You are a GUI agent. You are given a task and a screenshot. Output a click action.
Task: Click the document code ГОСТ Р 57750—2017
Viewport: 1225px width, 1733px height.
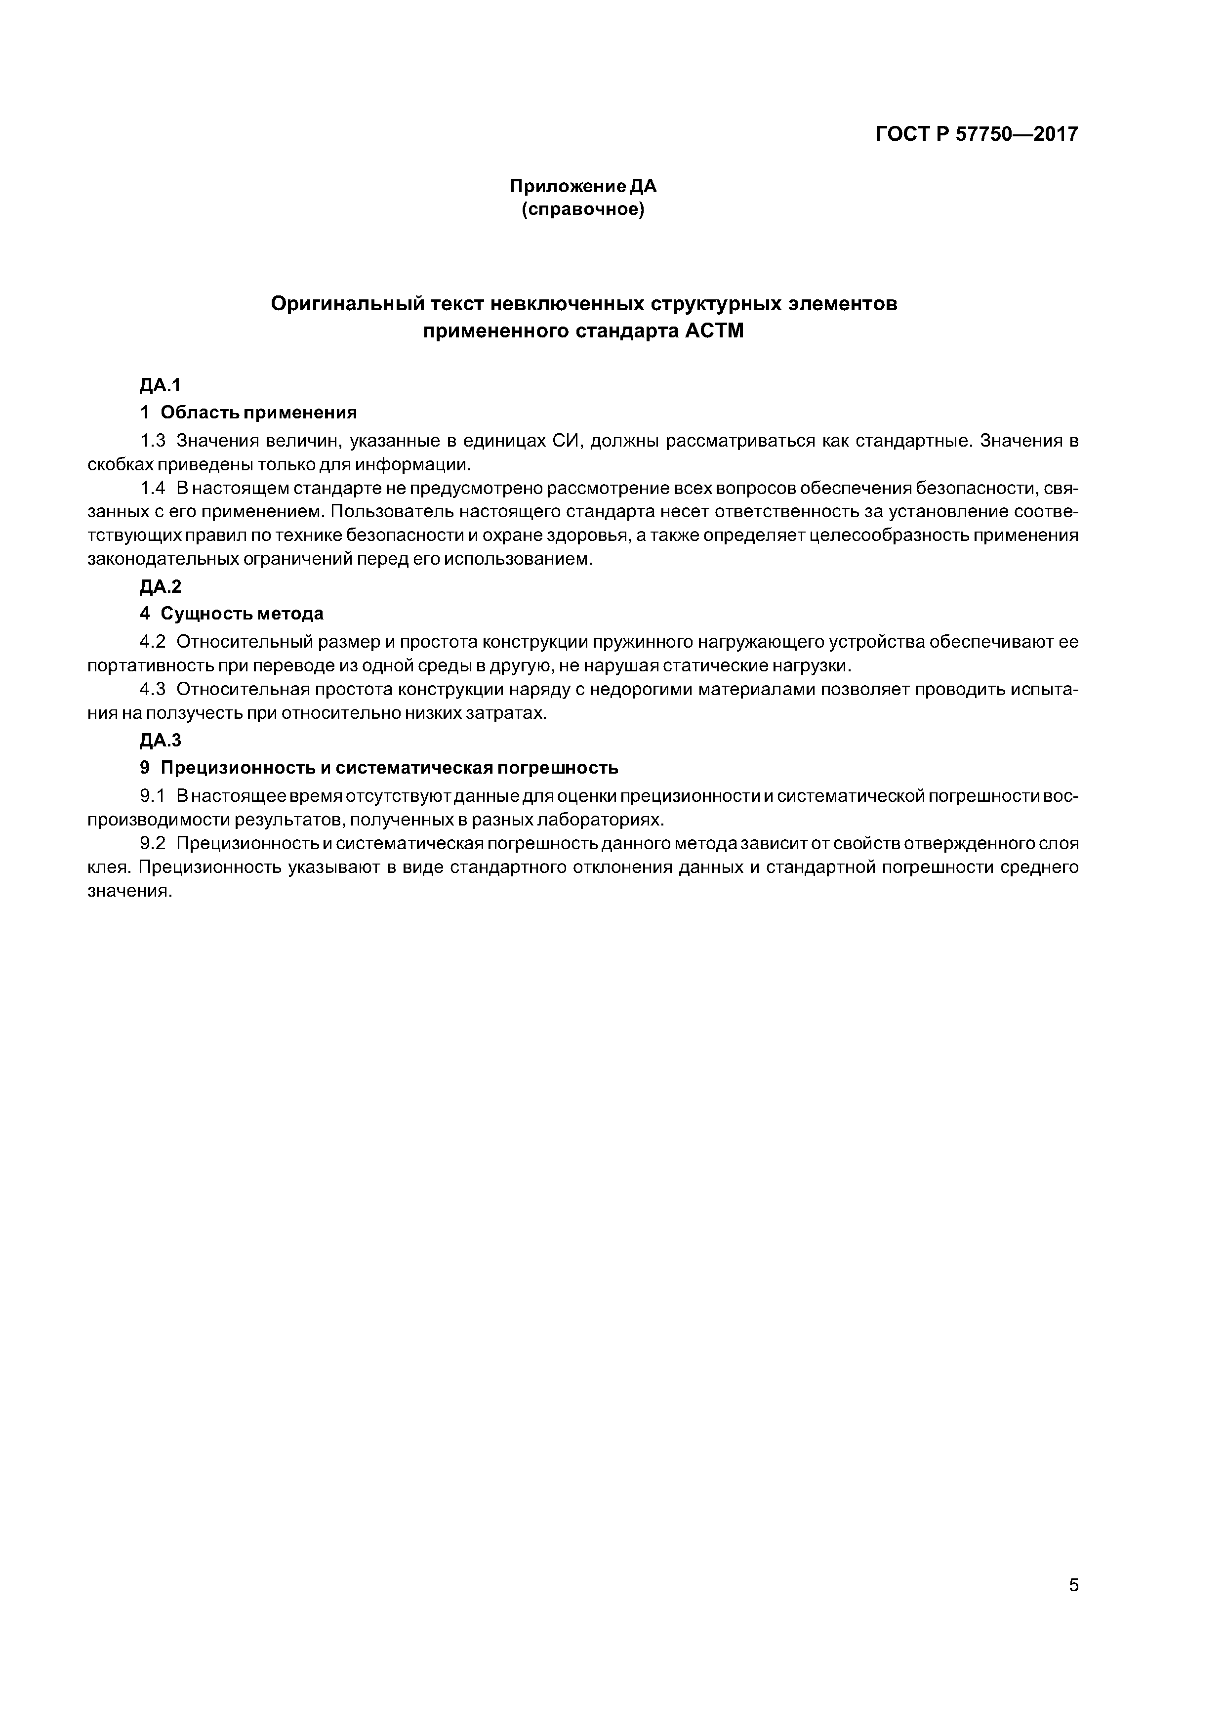[x=977, y=134]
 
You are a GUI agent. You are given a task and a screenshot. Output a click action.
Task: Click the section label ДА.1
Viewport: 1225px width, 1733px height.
[x=160, y=386]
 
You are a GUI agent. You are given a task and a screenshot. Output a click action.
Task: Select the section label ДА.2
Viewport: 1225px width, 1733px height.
[x=160, y=586]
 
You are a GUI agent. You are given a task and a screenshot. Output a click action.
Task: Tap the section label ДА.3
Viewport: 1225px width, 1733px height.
[x=160, y=741]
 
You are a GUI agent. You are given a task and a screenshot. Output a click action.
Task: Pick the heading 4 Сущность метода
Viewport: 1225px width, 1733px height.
[x=232, y=614]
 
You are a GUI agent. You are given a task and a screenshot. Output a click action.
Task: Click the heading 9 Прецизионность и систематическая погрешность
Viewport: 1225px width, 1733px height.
[x=379, y=768]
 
